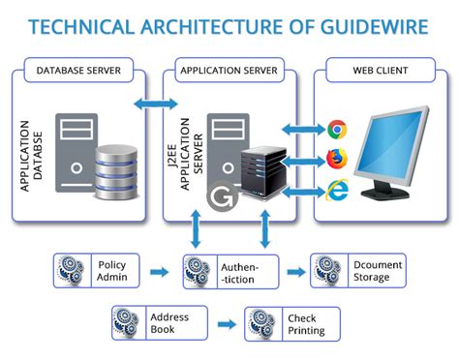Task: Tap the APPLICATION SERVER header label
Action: tap(229, 71)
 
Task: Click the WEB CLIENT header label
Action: tap(380, 71)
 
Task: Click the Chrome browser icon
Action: tap(338, 129)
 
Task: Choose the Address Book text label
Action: tap(169, 323)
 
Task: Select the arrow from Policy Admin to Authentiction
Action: tap(161, 271)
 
